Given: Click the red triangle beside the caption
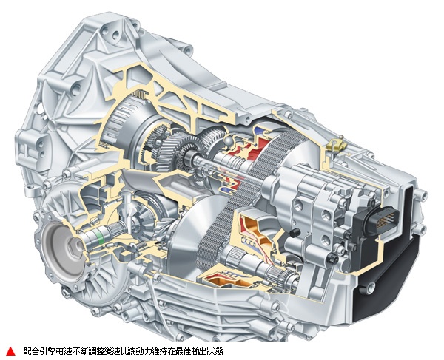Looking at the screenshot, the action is (11, 351).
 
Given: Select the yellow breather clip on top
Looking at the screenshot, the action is (336, 145).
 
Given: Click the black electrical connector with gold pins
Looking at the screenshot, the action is (382, 220).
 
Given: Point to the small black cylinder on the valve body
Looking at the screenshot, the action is (295, 232).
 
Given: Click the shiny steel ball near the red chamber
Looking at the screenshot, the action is (229, 140).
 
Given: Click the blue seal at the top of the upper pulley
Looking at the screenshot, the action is (260, 130).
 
